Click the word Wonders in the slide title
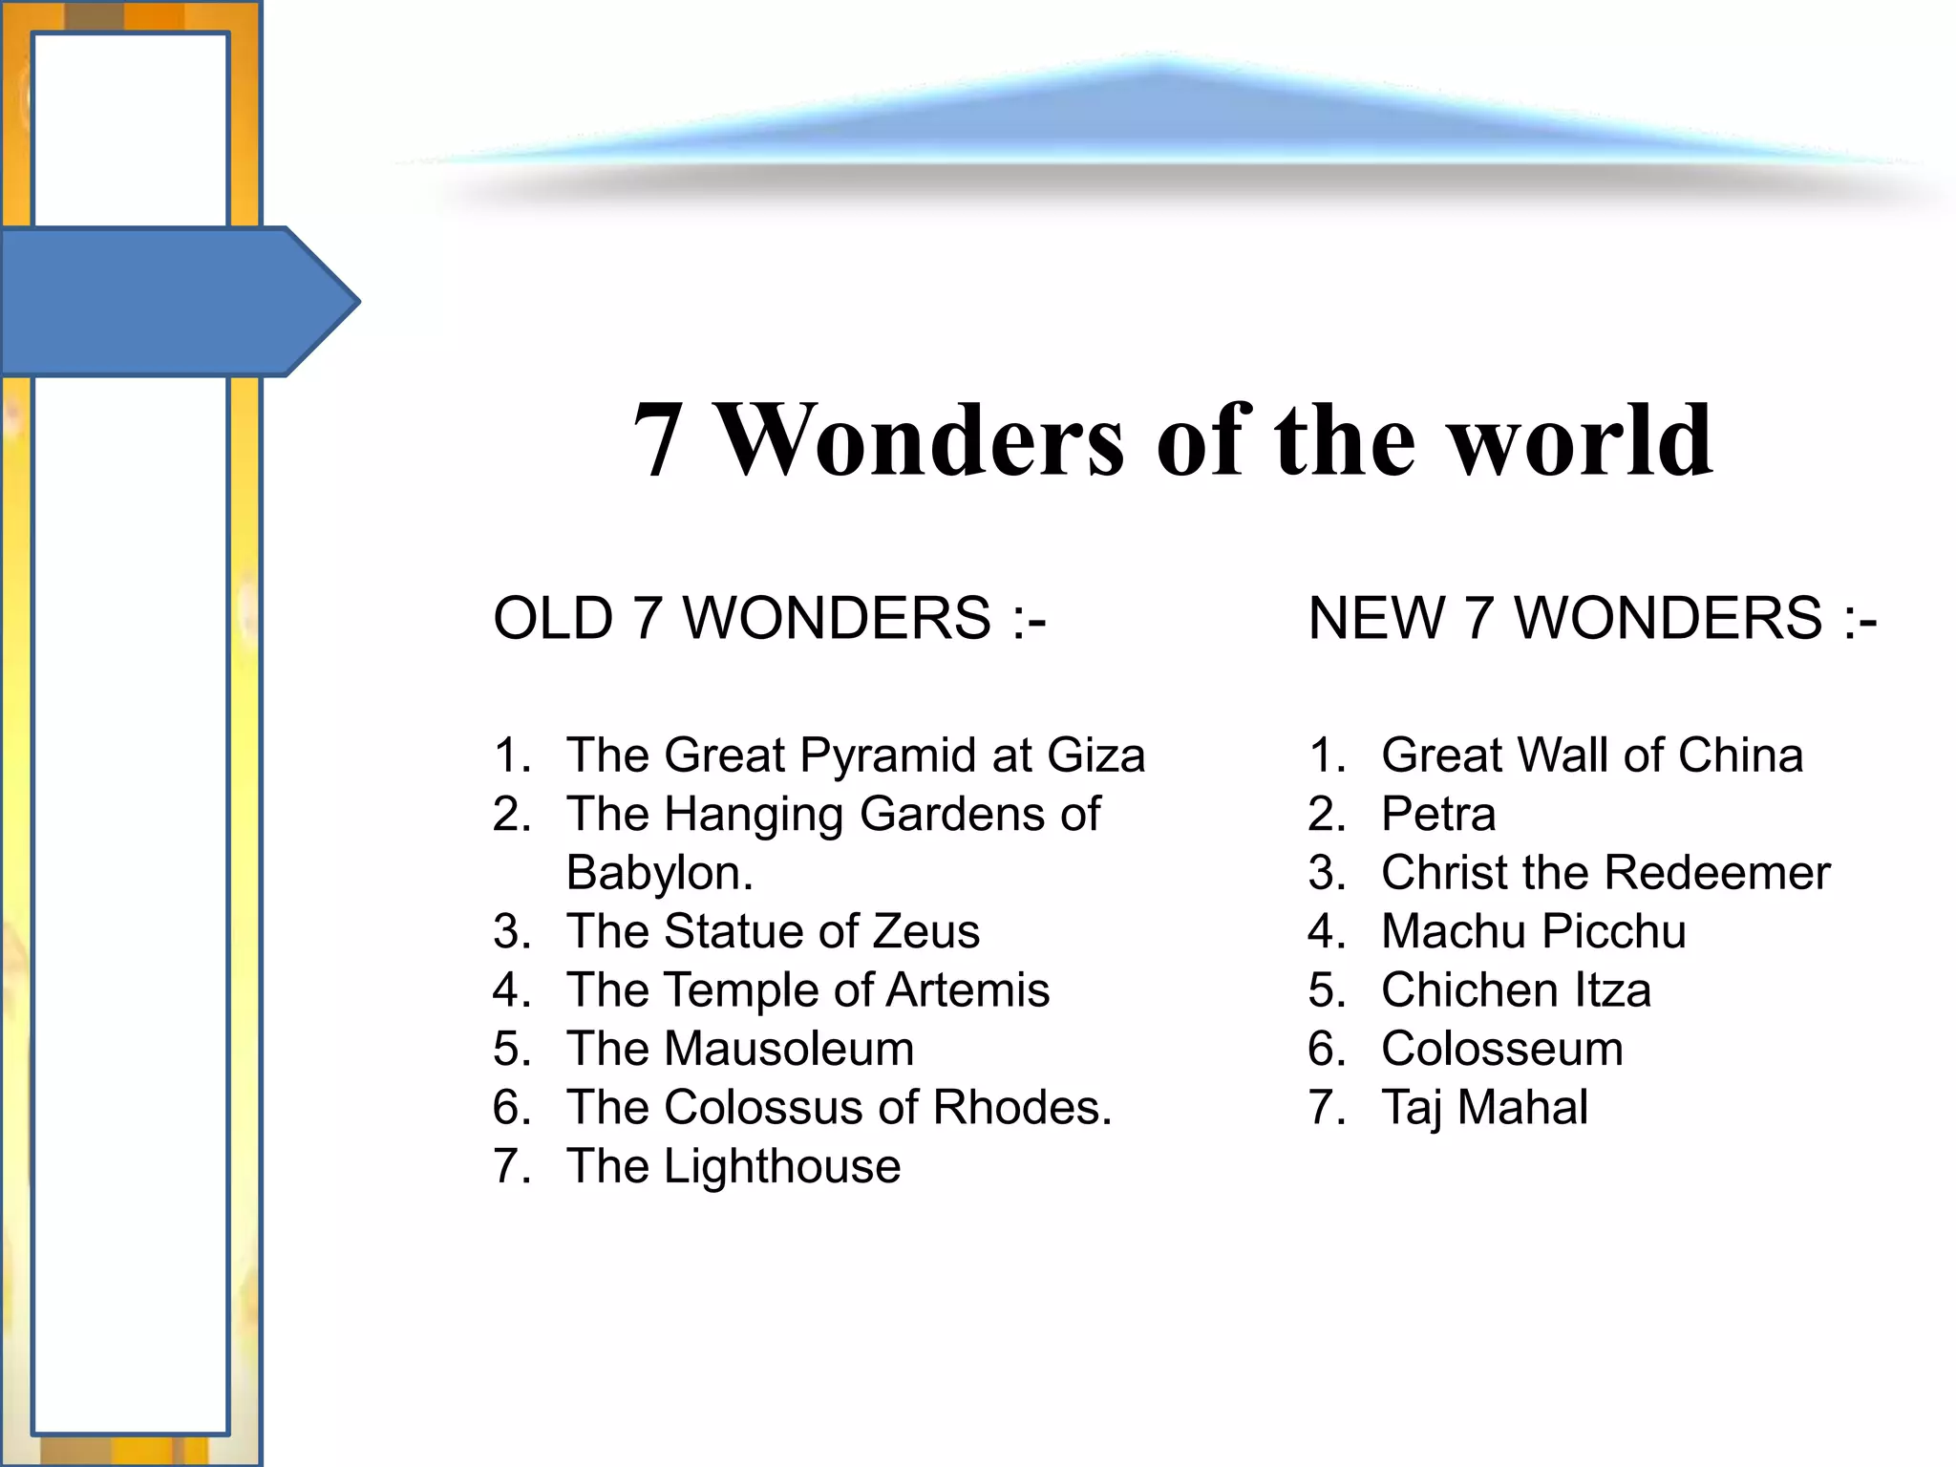(922, 440)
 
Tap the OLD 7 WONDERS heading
(769, 618)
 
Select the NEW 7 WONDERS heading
(1592, 618)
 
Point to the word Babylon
(659, 873)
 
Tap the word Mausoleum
(789, 1049)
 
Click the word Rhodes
(1021, 1108)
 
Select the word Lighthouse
(782, 1166)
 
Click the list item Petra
(1438, 815)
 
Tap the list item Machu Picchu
(1534, 931)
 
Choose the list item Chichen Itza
(1516, 989)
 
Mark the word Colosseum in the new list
(1502, 1049)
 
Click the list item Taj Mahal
(1484, 1108)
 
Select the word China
(1740, 755)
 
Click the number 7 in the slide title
(658, 440)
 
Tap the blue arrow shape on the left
(172, 302)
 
